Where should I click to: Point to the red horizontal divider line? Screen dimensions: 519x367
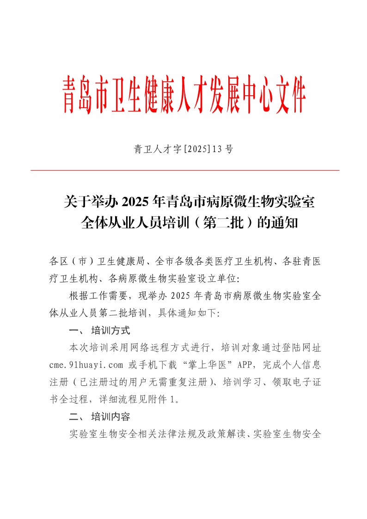point(185,171)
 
